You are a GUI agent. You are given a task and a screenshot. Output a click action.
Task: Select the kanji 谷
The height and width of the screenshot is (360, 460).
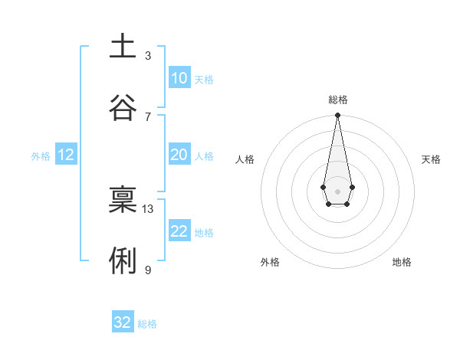(x=123, y=108)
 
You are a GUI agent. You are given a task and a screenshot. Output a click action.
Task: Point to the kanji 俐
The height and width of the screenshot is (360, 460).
(x=123, y=261)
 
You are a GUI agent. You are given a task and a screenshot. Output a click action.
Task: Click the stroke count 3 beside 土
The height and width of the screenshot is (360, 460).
(x=148, y=56)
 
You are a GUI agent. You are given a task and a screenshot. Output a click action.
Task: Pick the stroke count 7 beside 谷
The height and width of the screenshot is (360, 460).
(x=148, y=116)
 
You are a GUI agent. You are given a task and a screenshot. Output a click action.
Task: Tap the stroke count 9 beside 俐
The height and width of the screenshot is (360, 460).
(x=148, y=270)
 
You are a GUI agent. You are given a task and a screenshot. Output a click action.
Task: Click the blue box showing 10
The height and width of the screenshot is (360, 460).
(x=179, y=78)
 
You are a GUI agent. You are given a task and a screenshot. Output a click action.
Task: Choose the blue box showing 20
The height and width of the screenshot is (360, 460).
(x=179, y=155)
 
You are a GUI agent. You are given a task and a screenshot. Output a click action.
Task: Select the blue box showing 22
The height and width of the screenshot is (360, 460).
(x=179, y=231)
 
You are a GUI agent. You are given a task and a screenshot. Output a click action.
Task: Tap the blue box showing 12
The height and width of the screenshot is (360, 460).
(x=66, y=155)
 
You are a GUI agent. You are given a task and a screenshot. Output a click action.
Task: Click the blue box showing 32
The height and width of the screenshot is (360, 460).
(x=123, y=322)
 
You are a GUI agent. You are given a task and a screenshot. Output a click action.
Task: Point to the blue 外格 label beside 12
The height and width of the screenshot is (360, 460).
(x=41, y=155)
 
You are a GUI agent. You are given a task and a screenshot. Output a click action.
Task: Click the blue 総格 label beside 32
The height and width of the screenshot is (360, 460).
(x=147, y=324)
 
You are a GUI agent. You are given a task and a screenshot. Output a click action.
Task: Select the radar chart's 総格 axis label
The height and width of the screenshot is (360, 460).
(x=337, y=100)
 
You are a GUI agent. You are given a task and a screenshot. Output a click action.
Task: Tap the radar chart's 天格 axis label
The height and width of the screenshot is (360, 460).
(x=431, y=159)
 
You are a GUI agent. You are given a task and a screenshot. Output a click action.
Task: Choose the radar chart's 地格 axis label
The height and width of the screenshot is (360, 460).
(x=402, y=262)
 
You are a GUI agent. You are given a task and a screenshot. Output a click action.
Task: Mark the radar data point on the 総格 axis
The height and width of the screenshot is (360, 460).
(x=337, y=115)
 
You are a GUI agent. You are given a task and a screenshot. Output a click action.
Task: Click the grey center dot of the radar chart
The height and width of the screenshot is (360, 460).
(x=337, y=190)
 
